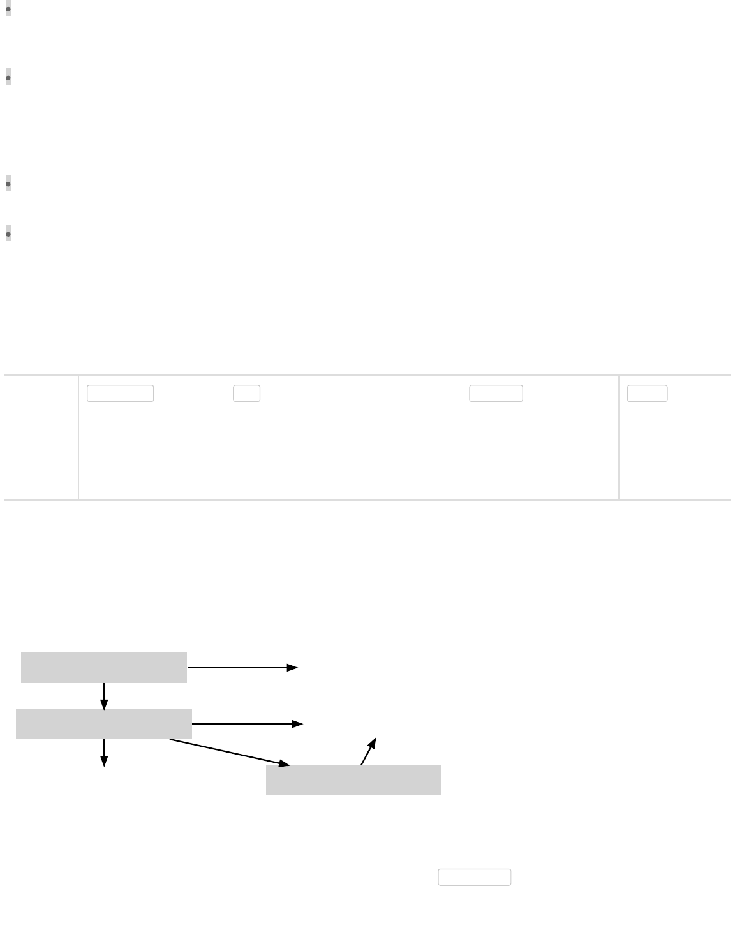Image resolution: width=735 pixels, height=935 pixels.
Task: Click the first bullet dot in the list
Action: coord(8,10)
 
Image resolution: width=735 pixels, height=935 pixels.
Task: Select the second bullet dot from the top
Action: coord(8,78)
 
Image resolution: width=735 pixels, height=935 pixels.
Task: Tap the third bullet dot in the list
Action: coord(8,184)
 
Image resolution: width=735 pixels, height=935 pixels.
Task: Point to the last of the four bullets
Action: coord(8,234)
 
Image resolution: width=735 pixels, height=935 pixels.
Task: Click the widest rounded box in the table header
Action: coord(120,394)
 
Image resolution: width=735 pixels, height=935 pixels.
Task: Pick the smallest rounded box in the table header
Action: coord(246,394)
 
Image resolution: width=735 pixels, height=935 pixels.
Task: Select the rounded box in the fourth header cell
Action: coord(496,394)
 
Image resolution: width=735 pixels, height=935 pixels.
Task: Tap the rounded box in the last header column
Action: coord(647,394)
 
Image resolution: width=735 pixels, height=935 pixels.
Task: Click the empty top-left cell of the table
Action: coord(41,394)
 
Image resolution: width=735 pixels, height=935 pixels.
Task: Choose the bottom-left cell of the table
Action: coord(41,473)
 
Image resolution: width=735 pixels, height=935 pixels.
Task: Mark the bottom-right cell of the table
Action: coord(674,473)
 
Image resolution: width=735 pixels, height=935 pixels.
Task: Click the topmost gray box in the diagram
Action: coord(104,668)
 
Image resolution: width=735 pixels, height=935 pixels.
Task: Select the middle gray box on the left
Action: coord(104,724)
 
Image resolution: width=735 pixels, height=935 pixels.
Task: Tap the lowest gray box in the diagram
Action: coord(353,780)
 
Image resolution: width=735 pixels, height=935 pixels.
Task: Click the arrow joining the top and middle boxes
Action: coord(104,696)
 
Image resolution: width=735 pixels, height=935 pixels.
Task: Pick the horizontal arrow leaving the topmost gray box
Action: coord(242,668)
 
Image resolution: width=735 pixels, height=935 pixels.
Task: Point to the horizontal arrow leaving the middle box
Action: coord(248,724)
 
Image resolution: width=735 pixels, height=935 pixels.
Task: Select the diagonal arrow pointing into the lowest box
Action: coord(230,753)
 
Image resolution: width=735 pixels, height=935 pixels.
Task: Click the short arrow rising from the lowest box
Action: coord(369,751)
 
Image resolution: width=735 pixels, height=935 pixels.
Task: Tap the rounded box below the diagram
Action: coord(475,877)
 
